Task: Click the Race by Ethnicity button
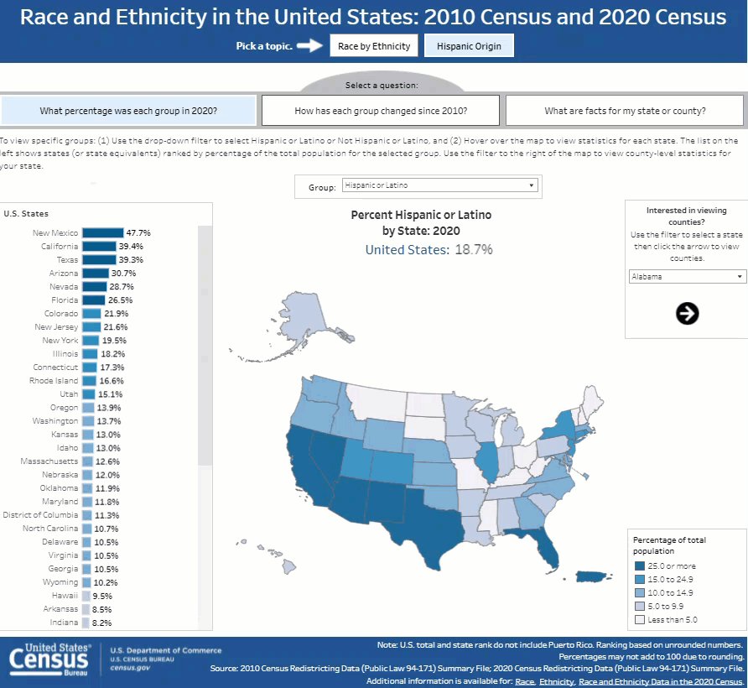(x=374, y=46)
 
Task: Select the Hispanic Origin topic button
(x=469, y=46)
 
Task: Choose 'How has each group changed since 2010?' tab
(x=381, y=111)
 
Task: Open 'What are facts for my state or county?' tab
(x=625, y=111)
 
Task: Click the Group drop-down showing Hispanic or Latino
(x=439, y=185)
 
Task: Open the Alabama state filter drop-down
(x=687, y=276)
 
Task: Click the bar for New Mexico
(x=102, y=233)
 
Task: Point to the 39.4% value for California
(x=131, y=247)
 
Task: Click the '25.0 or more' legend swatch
(x=640, y=566)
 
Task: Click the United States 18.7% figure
(x=429, y=249)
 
